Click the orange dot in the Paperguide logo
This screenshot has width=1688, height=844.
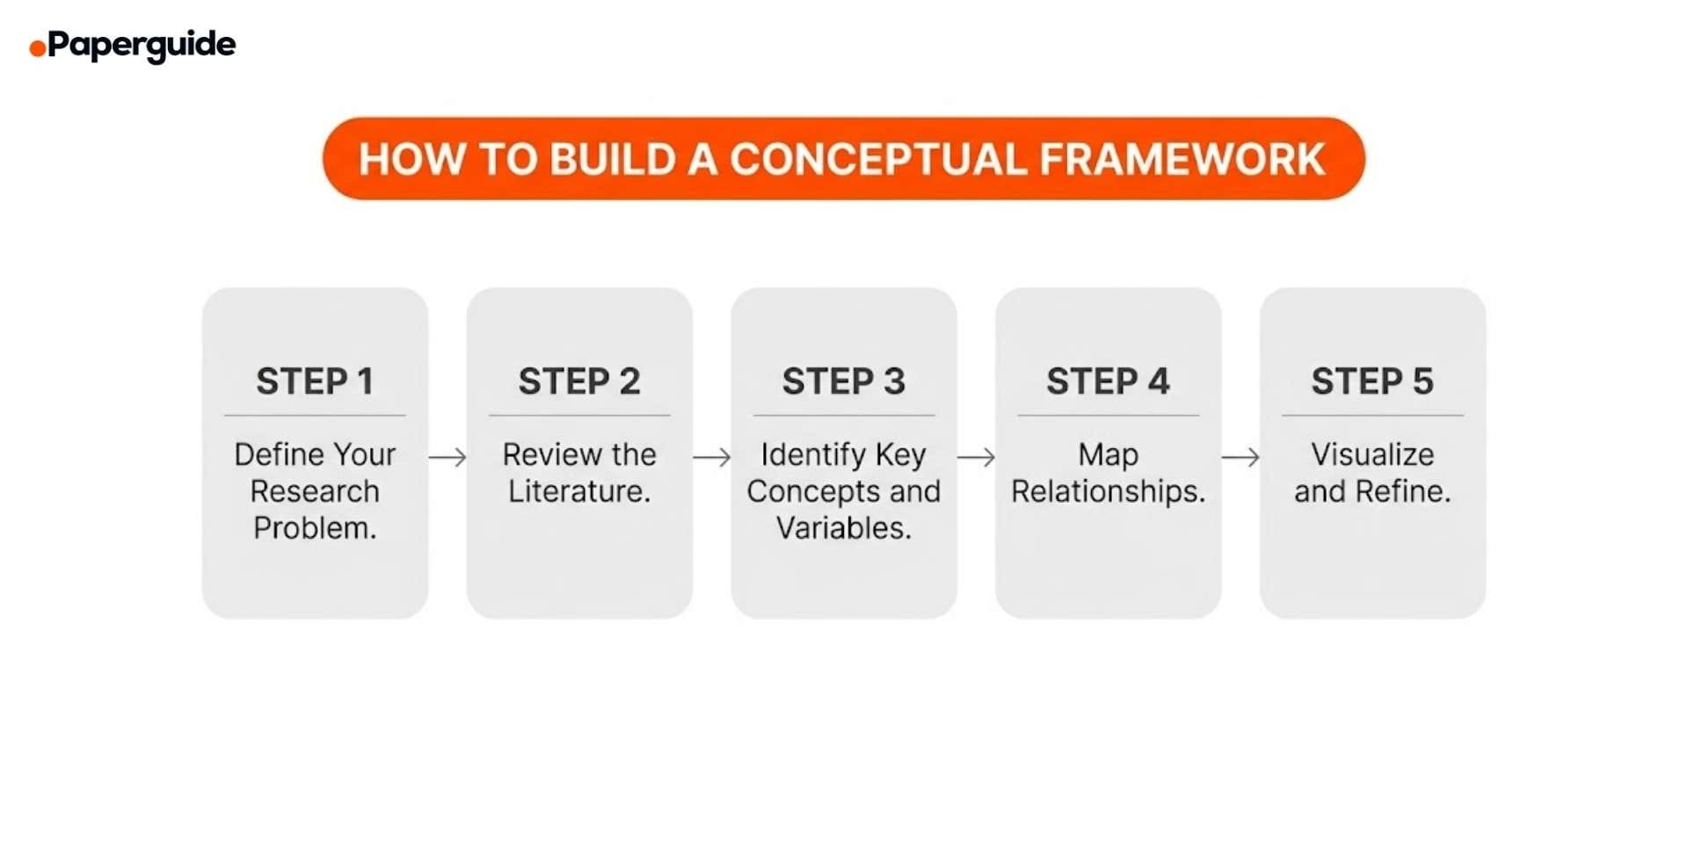(x=37, y=48)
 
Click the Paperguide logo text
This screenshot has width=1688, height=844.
(x=142, y=44)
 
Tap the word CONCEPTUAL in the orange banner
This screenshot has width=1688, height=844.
(x=877, y=159)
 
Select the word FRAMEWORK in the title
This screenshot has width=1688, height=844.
(x=1182, y=159)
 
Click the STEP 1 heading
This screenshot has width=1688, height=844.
(x=315, y=382)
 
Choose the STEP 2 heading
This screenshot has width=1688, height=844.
(x=579, y=382)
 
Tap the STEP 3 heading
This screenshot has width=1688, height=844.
(x=844, y=382)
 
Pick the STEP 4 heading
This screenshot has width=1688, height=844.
(x=1108, y=382)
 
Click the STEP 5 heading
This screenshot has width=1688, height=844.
(x=1372, y=382)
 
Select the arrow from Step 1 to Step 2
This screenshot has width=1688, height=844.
(x=447, y=457)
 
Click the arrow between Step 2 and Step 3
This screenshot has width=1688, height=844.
(x=712, y=457)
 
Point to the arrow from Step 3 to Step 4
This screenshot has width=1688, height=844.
(x=976, y=457)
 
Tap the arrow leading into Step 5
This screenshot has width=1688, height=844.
(x=1241, y=457)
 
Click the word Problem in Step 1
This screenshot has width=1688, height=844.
(x=313, y=528)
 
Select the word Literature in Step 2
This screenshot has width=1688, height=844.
(x=577, y=491)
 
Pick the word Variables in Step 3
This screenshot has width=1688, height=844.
(x=841, y=528)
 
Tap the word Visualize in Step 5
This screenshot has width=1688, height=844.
(x=1372, y=455)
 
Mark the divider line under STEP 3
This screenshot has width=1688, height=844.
(x=844, y=416)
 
